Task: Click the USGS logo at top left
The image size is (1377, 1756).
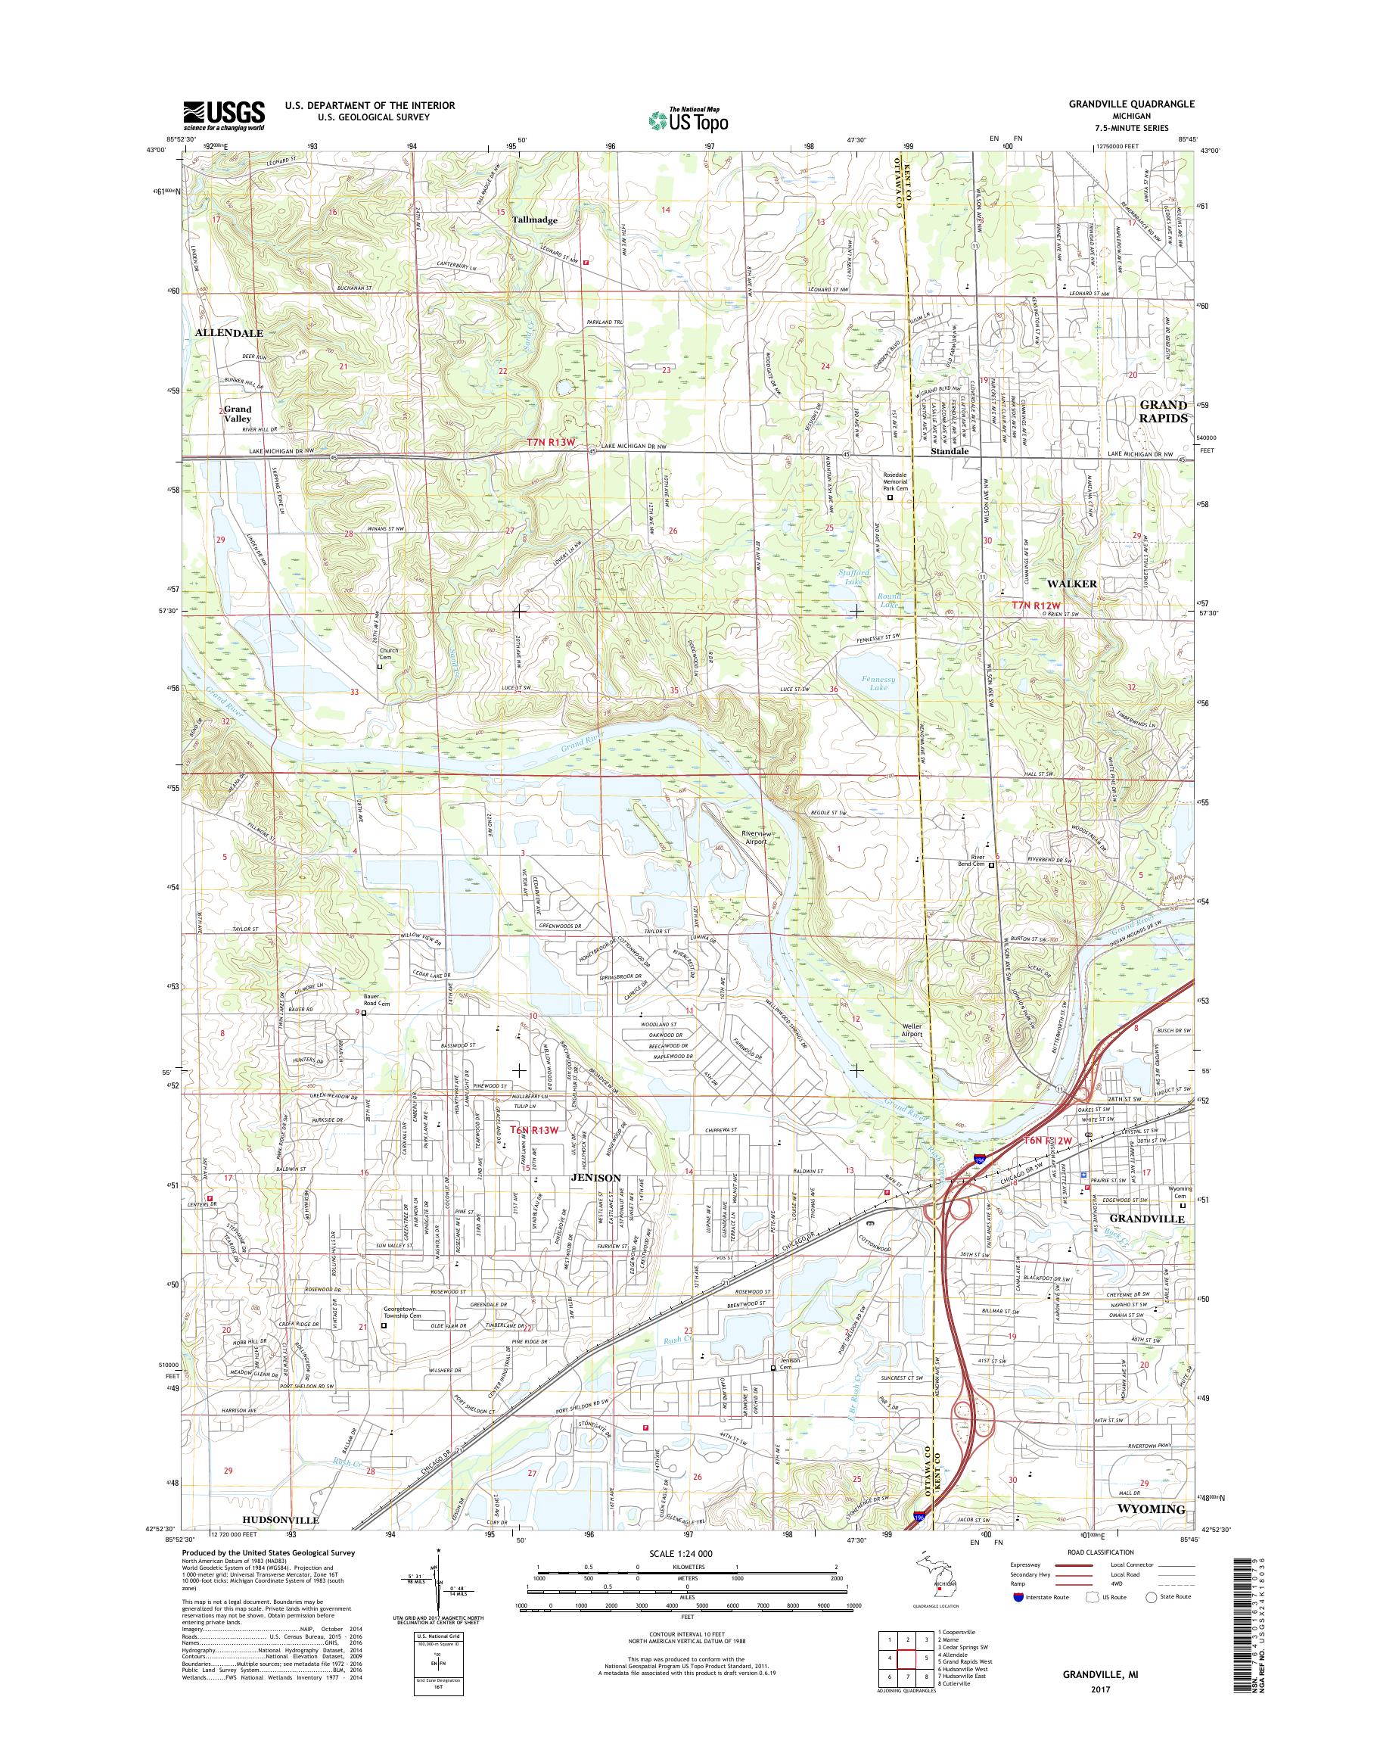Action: [224, 116]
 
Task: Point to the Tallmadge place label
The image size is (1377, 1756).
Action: [534, 219]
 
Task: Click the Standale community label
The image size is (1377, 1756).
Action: [950, 452]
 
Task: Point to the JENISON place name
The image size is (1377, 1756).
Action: [595, 1178]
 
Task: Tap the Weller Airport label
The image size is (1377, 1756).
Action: [911, 1031]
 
